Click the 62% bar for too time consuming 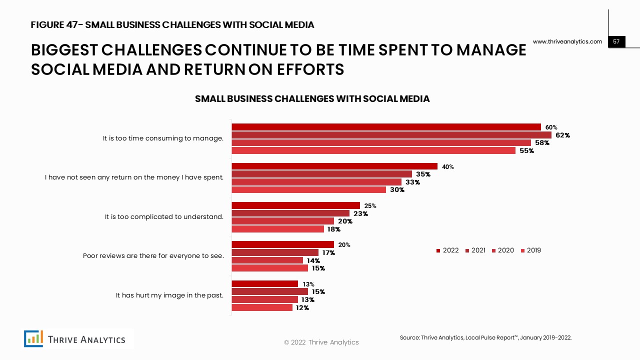[391, 135]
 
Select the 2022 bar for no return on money [334, 166]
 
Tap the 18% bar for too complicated [277, 229]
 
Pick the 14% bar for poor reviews [267, 260]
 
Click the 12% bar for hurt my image [261, 307]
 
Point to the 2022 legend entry [447, 250]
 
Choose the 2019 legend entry [531, 250]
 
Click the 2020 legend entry [502, 250]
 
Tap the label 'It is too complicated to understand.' [164, 217]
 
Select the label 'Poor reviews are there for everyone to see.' [153, 256]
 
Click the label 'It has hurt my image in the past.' [169, 295]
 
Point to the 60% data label [551, 127]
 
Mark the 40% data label [448, 167]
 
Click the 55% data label [526, 151]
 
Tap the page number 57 [616, 42]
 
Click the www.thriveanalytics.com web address [567, 42]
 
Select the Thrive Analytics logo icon [34, 339]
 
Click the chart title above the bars [312, 99]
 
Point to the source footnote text [485, 338]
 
